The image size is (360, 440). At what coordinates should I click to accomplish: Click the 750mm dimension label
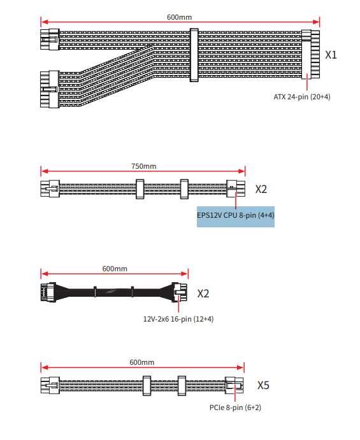click(143, 166)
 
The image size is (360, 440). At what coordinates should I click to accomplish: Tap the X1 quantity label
click(331, 55)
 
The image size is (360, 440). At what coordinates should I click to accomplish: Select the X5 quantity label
click(263, 385)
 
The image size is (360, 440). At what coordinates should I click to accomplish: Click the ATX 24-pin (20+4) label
click(301, 97)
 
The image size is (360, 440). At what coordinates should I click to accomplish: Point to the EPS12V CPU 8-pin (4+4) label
click(236, 216)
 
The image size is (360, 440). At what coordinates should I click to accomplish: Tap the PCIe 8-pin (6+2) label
click(234, 408)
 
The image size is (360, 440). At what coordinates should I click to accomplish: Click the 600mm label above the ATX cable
click(178, 17)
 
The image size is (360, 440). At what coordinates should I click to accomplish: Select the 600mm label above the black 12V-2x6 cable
click(114, 269)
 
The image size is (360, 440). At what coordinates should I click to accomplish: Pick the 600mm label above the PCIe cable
click(142, 362)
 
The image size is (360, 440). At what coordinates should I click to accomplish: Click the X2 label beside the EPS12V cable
click(261, 189)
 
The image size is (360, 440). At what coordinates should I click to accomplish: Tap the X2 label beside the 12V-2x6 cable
click(203, 294)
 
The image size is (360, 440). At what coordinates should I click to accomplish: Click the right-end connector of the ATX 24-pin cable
click(311, 54)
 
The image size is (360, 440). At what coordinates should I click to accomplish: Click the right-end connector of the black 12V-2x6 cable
click(179, 294)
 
